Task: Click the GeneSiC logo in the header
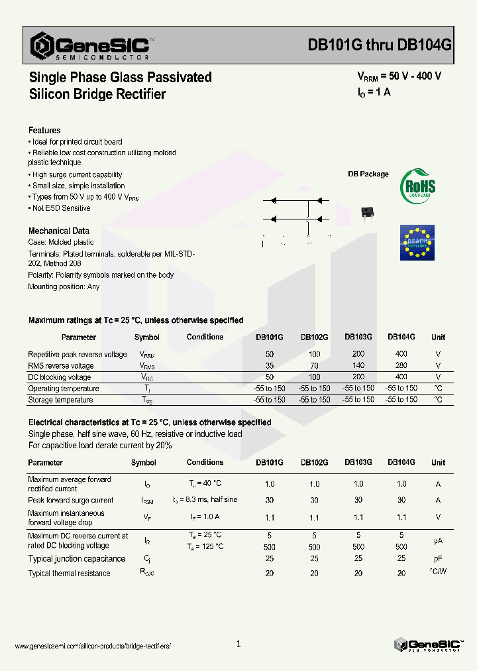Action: (x=93, y=46)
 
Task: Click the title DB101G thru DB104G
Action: (x=380, y=45)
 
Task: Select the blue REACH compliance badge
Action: (x=417, y=243)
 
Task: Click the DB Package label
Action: (x=368, y=174)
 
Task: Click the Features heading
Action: (x=44, y=131)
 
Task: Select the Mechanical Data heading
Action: (x=58, y=231)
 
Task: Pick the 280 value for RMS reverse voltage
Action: (x=401, y=365)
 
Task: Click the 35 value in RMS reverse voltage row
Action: (x=269, y=365)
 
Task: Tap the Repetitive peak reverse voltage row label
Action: (x=78, y=354)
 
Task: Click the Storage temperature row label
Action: (x=60, y=400)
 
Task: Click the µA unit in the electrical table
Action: (x=438, y=541)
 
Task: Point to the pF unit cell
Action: (x=438, y=559)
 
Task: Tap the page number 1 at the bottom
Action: (x=238, y=644)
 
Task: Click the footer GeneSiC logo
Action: (x=427, y=644)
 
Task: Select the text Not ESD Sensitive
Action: (x=61, y=208)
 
